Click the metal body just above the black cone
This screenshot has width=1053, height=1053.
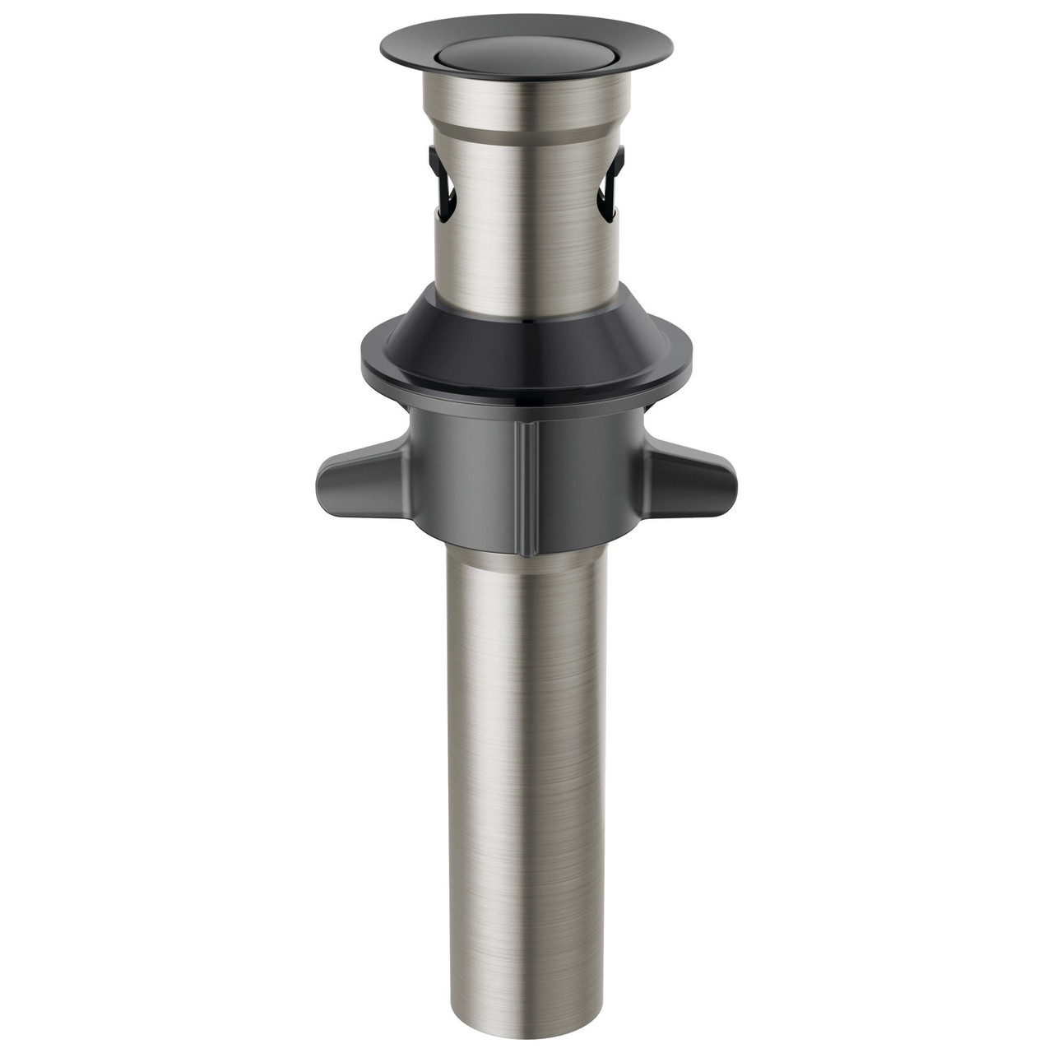point(526,263)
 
